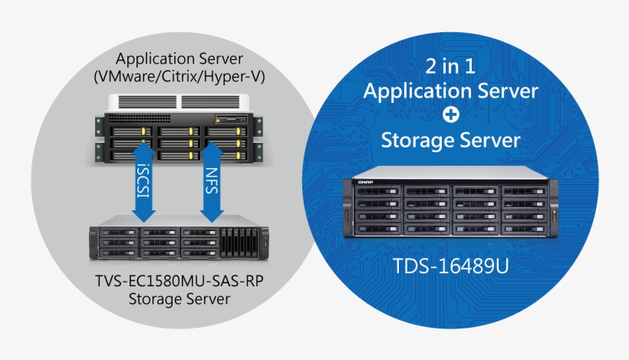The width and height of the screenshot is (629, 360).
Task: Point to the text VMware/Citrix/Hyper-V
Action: click(179, 77)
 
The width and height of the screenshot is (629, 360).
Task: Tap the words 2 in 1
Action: click(450, 66)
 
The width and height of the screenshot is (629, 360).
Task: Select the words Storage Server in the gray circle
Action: click(180, 298)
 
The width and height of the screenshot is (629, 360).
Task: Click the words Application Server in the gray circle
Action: click(179, 59)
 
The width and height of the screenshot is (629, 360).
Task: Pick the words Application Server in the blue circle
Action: click(451, 91)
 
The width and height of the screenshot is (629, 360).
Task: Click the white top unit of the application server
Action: click(179, 101)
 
